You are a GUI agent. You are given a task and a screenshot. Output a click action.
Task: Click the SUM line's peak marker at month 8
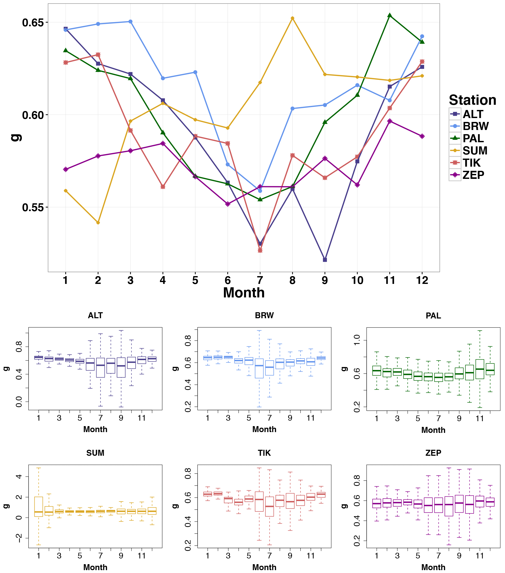click(292, 18)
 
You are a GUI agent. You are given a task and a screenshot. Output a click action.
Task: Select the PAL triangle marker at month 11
click(390, 15)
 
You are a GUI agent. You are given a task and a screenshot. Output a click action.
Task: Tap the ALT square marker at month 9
click(325, 260)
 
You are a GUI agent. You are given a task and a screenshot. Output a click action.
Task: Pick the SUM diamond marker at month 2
click(98, 223)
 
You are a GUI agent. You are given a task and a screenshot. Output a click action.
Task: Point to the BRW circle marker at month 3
click(130, 22)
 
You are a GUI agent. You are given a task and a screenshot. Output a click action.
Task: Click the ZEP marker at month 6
click(228, 204)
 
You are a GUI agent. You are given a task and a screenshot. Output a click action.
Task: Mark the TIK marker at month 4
click(163, 187)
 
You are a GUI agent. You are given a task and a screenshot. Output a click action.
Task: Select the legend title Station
click(472, 100)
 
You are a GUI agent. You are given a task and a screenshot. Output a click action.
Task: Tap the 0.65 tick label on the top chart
click(33, 23)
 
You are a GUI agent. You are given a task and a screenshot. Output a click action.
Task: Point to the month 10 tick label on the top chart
click(357, 280)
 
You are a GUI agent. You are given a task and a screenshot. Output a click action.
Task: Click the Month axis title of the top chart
click(244, 293)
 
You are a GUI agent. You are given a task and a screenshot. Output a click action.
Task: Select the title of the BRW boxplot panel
click(264, 316)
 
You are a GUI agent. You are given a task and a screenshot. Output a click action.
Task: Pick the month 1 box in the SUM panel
click(39, 506)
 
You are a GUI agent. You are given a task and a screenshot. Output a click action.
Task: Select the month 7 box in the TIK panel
click(269, 506)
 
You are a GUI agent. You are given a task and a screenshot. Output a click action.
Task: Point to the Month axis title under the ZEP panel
click(433, 567)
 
